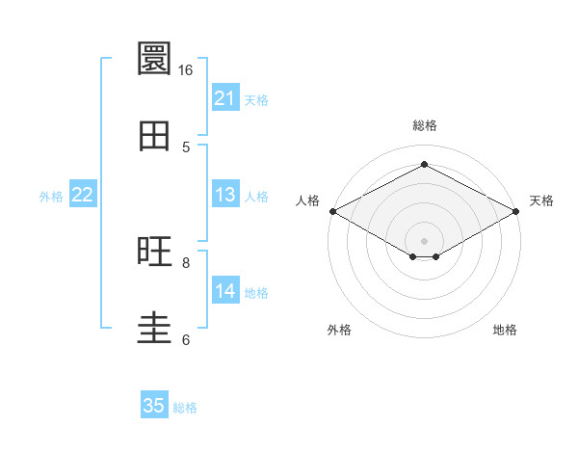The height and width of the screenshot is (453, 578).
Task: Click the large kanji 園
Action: [x=154, y=58]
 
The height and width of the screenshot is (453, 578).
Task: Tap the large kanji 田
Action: [x=154, y=136]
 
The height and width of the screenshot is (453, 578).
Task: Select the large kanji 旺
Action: [x=154, y=252]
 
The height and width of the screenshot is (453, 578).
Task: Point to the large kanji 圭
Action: [x=154, y=329]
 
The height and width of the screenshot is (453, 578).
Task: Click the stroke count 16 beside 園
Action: [x=185, y=70]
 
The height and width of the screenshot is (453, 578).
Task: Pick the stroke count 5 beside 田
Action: [x=186, y=147]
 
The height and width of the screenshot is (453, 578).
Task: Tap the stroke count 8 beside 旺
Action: [x=186, y=263]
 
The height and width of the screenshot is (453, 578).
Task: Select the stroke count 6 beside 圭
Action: [x=186, y=339]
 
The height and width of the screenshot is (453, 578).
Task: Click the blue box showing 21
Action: [x=225, y=97]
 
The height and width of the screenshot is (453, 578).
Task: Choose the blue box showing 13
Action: [x=225, y=194]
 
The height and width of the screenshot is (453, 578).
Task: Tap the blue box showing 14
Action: [x=225, y=289]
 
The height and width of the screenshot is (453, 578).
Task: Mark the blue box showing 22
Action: [x=83, y=194]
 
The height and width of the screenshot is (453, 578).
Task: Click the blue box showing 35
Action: [x=154, y=404]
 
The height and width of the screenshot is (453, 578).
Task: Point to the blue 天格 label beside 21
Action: [x=256, y=100]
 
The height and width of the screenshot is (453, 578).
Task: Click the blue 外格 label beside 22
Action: [x=51, y=197]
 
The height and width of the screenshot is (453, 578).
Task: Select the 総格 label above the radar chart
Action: [x=425, y=125]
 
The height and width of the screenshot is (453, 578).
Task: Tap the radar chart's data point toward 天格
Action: [x=516, y=211]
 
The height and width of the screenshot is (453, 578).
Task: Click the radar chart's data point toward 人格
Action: [x=333, y=211]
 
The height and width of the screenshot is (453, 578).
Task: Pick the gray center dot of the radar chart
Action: [x=424, y=241]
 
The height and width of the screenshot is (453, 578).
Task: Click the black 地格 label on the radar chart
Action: [x=505, y=330]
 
